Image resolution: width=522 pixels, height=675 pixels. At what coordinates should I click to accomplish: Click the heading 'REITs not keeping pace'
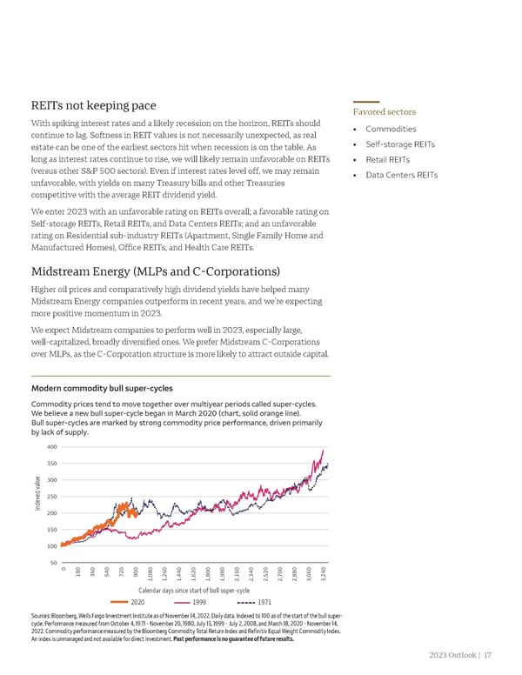click(x=94, y=106)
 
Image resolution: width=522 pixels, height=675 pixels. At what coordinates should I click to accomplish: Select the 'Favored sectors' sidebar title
click(x=384, y=112)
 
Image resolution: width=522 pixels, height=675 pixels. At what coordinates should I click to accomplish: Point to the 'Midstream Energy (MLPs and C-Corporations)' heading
click(x=154, y=270)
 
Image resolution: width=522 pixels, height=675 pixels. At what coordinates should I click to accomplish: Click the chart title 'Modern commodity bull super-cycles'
click(x=101, y=387)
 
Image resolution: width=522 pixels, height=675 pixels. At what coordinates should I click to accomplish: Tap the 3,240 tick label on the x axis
click(x=324, y=576)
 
